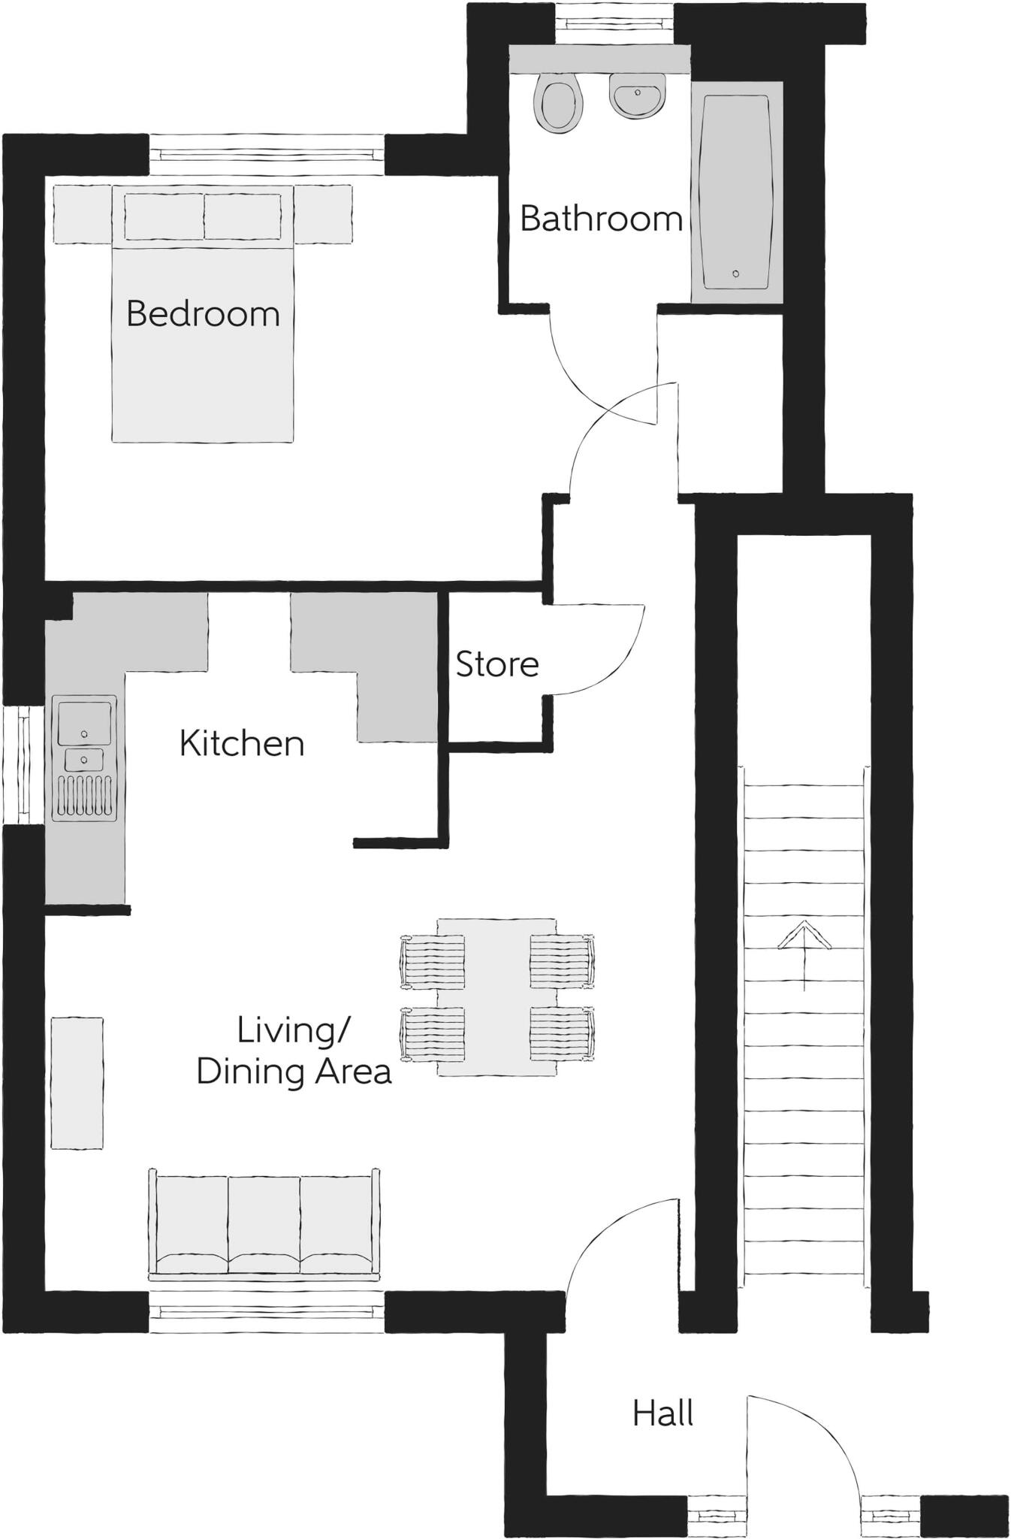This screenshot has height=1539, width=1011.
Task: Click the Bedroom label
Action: (203, 313)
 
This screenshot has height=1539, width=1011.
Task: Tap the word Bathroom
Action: (601, 219)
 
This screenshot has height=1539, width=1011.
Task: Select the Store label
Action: (497, 664)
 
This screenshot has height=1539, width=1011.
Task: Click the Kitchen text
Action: (242, 743)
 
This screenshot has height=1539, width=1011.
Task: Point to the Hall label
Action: (662, 1414)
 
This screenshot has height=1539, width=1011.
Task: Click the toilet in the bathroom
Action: (558, 104)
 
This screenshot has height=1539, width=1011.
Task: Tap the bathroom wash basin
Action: (636, 96)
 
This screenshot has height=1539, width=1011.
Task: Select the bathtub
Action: (735, 192)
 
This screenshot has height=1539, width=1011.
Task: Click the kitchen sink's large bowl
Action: (85, 721)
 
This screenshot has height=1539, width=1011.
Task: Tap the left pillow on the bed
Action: (164, 216)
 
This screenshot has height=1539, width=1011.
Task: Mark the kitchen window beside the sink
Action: (21, 765)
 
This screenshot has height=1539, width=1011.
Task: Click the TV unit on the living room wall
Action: (77, 1083)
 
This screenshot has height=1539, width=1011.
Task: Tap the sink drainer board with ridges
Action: (85, 797)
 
